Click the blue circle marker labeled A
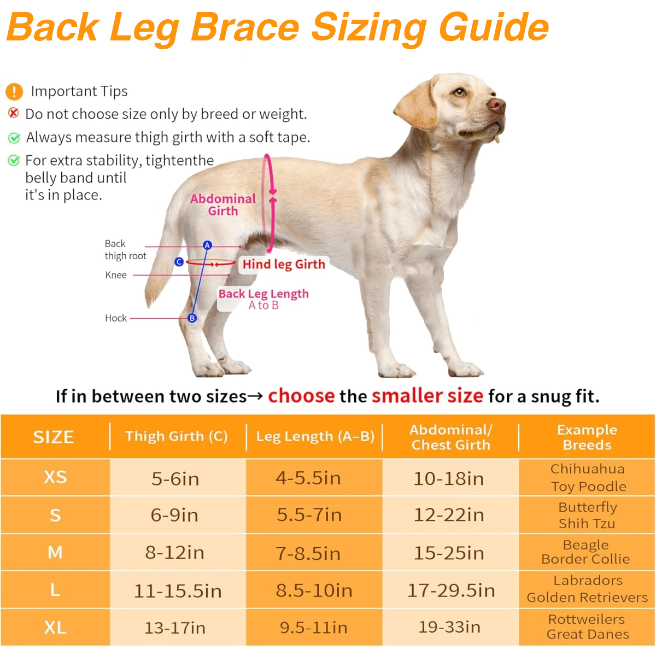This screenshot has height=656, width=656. [x=207, y=245]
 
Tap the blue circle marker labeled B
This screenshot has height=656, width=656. [x=192, y=318]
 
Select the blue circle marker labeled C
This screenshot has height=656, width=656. [x=179, y=262]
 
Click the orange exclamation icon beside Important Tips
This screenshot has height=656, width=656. [x=14, y=91]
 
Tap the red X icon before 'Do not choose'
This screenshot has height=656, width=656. [x=14, y=113]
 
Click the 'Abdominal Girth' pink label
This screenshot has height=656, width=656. [x=223, y=205]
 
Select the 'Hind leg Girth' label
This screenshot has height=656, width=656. [x=284, y=265]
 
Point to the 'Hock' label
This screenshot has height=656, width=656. [x=116, y=318]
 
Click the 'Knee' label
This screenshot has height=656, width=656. [x=116, y=275]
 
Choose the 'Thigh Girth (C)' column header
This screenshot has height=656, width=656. [x=176, y=436]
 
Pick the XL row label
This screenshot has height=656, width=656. [x=55, y=627]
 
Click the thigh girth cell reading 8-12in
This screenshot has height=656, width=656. [x=175, y=553]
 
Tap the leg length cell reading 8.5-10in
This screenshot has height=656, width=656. [x=314, y=590]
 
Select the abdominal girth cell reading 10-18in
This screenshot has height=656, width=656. [x=449, y=479]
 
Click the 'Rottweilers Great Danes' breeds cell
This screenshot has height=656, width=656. [x=587, y=627]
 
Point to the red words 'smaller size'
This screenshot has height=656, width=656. [x=427, y=396]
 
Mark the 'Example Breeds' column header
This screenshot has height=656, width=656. [x=587, y=437]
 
